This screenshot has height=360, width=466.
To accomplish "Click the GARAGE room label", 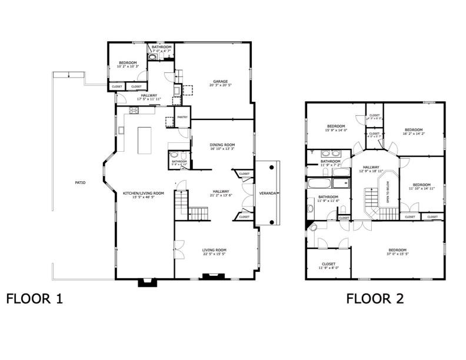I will (220, 82).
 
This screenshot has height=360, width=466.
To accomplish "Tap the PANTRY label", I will (182, 117).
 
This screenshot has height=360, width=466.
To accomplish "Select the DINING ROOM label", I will (222, 145).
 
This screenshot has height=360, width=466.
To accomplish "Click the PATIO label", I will (80, 183).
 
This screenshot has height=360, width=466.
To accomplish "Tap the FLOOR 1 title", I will (34, 299).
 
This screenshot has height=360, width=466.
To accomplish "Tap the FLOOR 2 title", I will (375, 299).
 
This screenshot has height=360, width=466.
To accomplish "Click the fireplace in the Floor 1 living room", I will (209, 275).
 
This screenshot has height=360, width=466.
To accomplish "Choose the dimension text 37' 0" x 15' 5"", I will (397, 254).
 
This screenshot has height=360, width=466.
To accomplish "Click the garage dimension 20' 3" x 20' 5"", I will (220, 86).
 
